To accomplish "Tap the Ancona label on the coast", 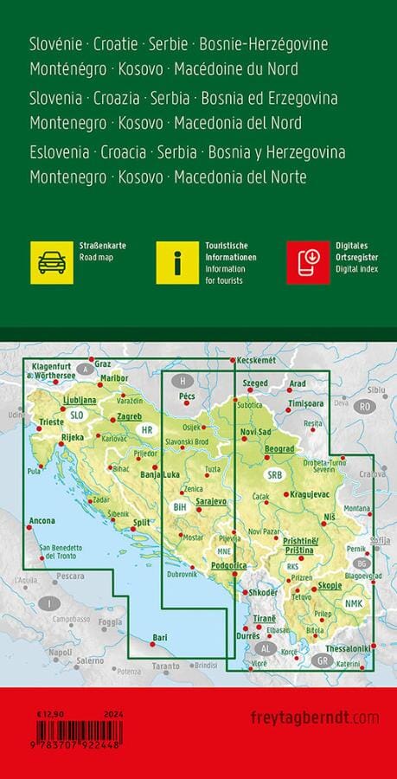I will click(x=42, y=521).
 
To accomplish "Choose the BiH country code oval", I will click(x=180, y=507).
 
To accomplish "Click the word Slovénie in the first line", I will click(x=60, y=43).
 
